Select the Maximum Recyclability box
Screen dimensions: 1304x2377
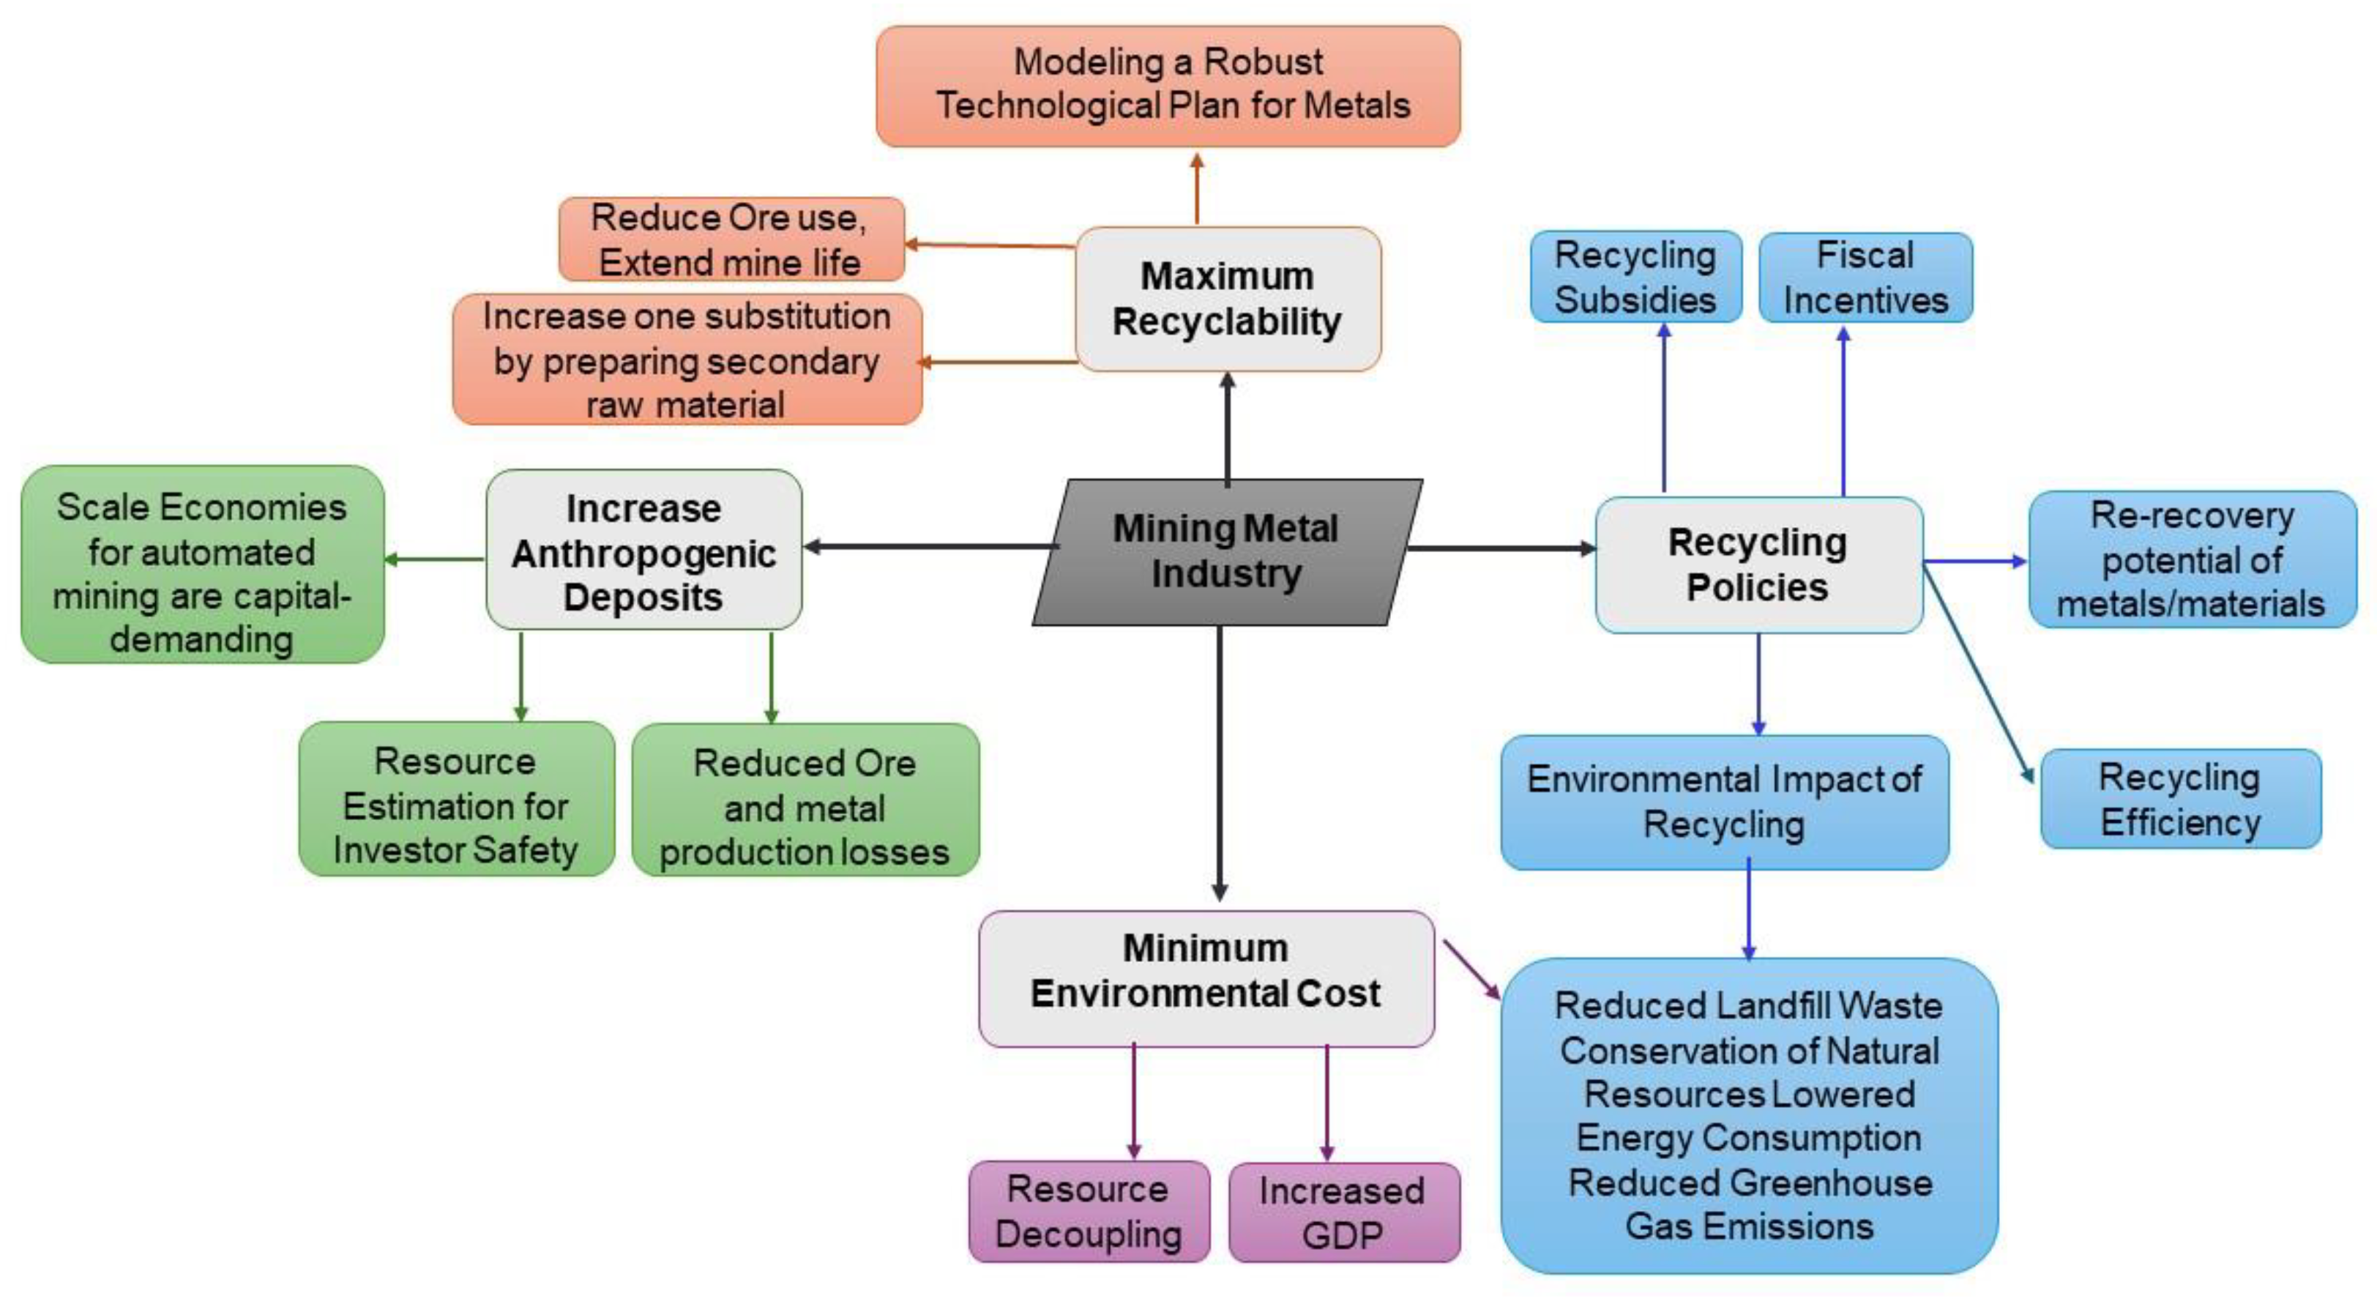(1227, 299)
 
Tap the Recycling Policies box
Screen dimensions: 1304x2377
(1758, 565)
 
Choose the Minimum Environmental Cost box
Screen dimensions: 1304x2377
(1205, 977)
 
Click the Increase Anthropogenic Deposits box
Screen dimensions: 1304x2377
(643, 551)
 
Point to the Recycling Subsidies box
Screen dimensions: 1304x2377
(1635, 277)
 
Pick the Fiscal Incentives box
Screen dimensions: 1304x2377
(1865, 277)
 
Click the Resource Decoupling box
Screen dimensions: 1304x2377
(1088, 1211)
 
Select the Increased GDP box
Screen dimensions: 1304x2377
(1343, 1212)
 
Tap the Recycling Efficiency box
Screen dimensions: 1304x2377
(2179, 800)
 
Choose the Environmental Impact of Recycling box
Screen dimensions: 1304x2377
(1724, 802)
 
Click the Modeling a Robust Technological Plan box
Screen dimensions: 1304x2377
(1168, 85)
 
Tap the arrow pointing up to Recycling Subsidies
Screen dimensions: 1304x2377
(1664, 406)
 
